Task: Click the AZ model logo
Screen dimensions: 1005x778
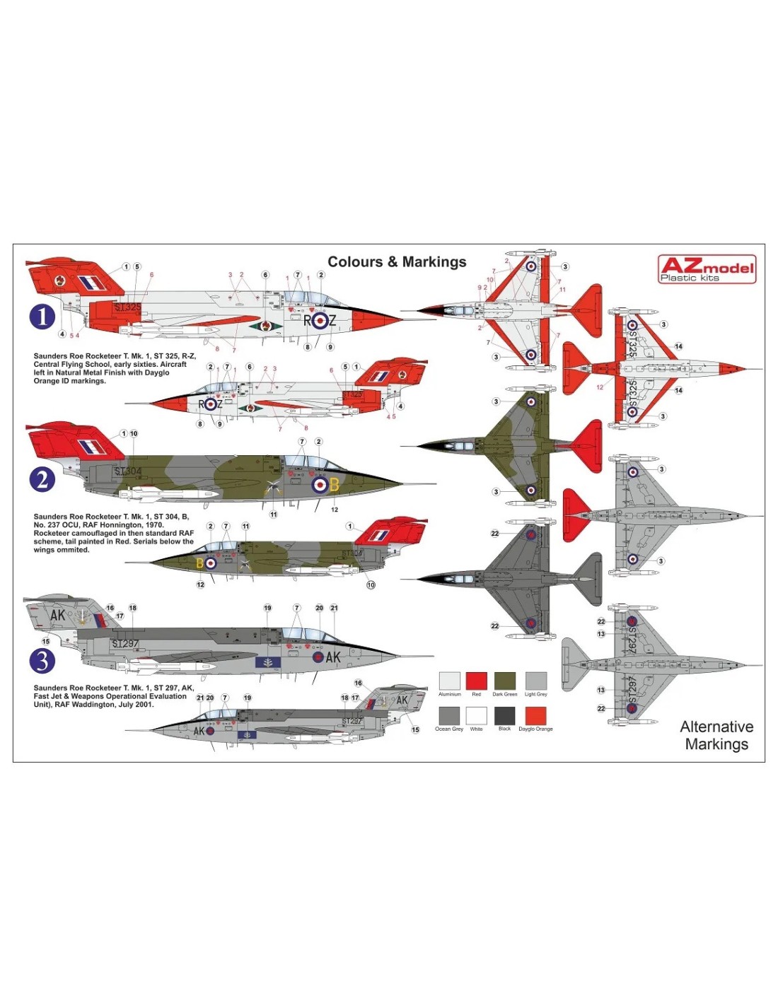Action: coord(707,269)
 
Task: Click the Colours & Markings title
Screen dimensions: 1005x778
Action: coord(397,262)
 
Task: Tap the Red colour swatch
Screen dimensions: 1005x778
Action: coord(476,681)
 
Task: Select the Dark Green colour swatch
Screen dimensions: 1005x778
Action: coord(504,681)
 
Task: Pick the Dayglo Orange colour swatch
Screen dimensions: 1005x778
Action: coord(535,715)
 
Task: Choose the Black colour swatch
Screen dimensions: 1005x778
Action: coord(504,715)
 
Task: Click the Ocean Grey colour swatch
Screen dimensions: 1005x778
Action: coord(449,715)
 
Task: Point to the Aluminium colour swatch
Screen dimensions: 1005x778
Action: coord(449,681)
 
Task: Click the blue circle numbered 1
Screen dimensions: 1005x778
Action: coord(42,316)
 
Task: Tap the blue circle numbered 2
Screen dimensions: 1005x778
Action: coord(42,480)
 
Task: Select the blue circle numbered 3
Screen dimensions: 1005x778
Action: coord(42,661)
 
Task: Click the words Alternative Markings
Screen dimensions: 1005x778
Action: coord(716,735)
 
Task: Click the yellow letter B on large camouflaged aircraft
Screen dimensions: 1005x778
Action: coord(335,486)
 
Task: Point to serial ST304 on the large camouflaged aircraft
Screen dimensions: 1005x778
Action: coord(128,471)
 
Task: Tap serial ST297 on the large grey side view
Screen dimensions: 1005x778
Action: coord(125,643)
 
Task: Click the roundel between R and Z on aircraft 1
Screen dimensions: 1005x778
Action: coord(320,321)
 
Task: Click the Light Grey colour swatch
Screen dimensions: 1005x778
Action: coord(535,681)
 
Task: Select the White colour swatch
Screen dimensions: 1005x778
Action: coord(476,715)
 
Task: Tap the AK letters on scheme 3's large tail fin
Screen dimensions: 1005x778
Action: coord(57,615)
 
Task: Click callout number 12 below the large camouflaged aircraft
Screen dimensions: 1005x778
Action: coord(335,510)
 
